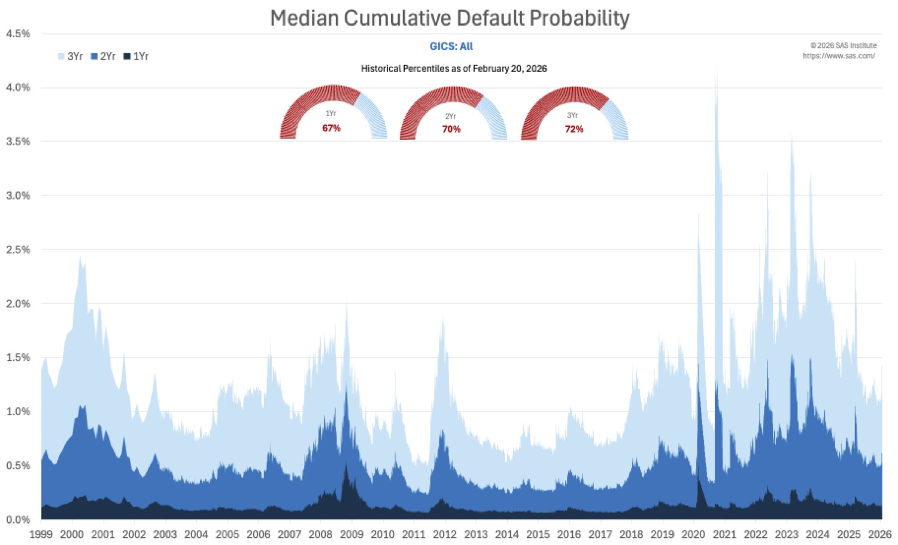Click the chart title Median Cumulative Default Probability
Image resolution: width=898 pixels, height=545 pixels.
pos(450,18)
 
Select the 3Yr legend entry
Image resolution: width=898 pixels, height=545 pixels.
pos(71,56)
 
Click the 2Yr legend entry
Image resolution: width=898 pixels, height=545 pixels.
pos(104,56)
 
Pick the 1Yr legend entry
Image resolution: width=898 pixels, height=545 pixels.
pos(136,56)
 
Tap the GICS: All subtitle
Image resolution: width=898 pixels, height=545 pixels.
pos(451,46)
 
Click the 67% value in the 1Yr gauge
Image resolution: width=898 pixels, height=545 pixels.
pos(331,128)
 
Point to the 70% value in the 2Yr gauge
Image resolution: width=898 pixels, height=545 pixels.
pos(451,129)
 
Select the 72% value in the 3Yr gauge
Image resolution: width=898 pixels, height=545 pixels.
pos(574,129)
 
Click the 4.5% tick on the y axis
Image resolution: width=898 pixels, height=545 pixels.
pos(18,34)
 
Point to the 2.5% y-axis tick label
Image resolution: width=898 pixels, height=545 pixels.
pos(18,249)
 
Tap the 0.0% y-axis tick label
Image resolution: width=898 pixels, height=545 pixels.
pos(18,519)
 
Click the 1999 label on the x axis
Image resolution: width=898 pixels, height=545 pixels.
pos(41,534)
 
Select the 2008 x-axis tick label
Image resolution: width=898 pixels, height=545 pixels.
pos(320,534)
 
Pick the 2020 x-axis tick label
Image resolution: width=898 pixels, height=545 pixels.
pos(693,534)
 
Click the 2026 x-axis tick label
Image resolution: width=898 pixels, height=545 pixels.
pos(879,534)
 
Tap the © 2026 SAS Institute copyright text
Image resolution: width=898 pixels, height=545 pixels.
pos(843,45)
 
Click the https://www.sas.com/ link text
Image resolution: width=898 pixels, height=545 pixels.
pos(839,56)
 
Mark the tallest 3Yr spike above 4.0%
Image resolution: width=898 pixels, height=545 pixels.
pos(716,75)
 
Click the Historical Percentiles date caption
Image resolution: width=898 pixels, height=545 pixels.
pos(454,68)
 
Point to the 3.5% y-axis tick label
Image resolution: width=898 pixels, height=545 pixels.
pos(18,142)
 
